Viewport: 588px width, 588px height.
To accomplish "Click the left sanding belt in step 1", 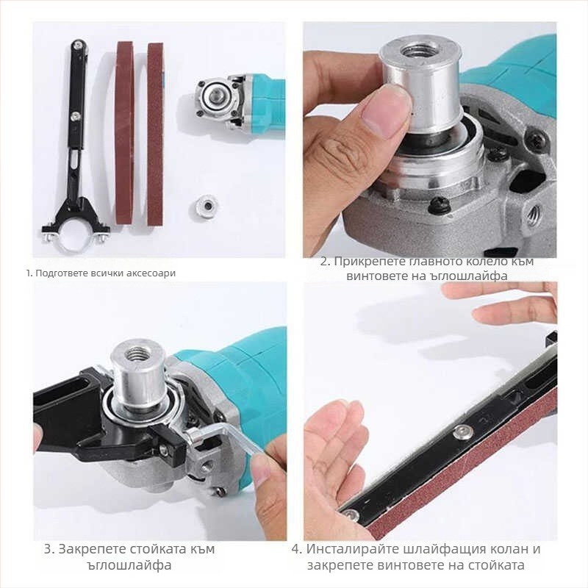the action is pyautogui.click(x=125, y=133).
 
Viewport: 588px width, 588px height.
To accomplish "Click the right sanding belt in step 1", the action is pyautogui.click(x=155, y=135).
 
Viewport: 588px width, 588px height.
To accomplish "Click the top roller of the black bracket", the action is pyautogui.click(x=77, y=45).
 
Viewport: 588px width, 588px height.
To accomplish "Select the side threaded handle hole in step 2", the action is pyautogui.click(x=534, y=213).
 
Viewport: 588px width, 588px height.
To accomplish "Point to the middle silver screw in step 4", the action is pyautogui.click(x=462, y=433).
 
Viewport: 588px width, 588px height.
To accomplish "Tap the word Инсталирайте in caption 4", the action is pyautogui.click(x=353, y=549).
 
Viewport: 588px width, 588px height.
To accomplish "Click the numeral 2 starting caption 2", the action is pyautogui.click(x=324, y=261).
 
